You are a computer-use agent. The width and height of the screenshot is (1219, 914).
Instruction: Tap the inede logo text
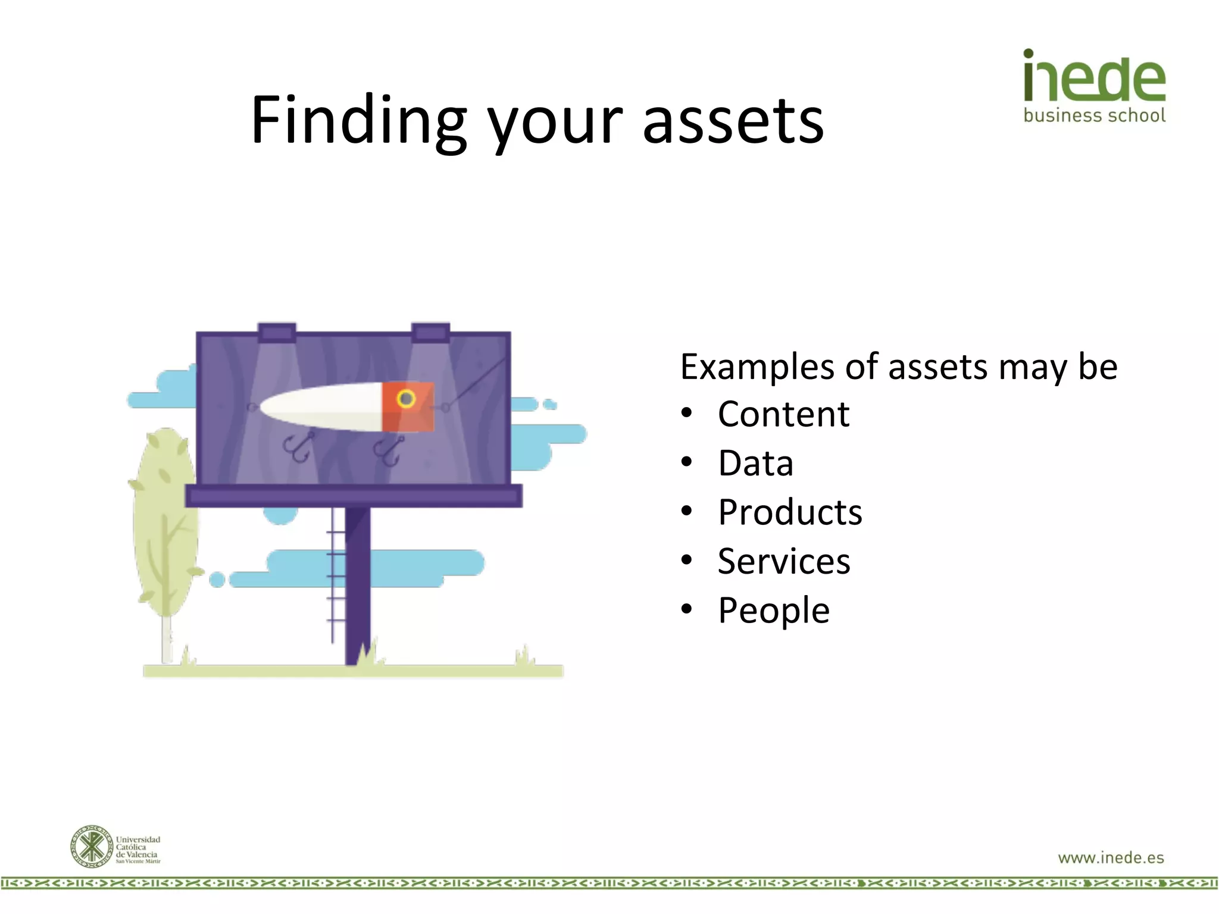tap(1094, 77)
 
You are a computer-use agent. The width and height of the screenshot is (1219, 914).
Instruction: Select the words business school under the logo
tap(1094, 115)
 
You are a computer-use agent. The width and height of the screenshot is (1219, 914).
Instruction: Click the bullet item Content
tap(783, 414)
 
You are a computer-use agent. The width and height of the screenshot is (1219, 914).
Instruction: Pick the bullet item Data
tap(755, 464)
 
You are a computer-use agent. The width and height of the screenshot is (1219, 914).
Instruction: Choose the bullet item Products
tap(790, 512)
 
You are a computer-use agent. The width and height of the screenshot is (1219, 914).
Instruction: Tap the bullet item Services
tap(784, 561)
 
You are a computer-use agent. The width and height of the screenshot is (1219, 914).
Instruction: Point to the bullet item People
tap(773, 611)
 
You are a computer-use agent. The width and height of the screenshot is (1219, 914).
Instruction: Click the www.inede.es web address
tap(1111, 857)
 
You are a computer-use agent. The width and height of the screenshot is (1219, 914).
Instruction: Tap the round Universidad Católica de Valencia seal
tap(91, 846)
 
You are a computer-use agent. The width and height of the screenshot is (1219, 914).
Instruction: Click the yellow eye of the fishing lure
tap(407, 398)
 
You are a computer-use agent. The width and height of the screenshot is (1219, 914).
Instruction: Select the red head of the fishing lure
tap(408, 406)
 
